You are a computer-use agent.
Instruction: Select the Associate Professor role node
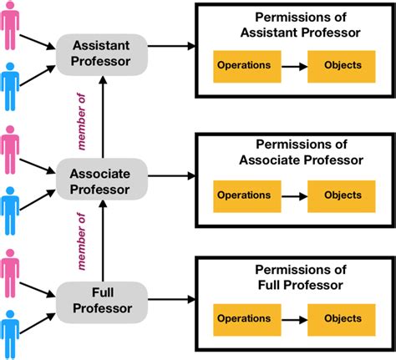click(100, 180)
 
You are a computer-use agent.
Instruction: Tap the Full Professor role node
click(100, 302)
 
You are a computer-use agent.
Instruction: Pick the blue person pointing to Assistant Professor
click(11, 86)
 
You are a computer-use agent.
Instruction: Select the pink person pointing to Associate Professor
click(11, 152)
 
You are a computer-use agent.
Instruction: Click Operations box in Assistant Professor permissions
click(243, 65)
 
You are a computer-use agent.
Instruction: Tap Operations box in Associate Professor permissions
click(243, 195)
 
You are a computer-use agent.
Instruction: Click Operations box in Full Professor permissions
click(243, 318)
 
